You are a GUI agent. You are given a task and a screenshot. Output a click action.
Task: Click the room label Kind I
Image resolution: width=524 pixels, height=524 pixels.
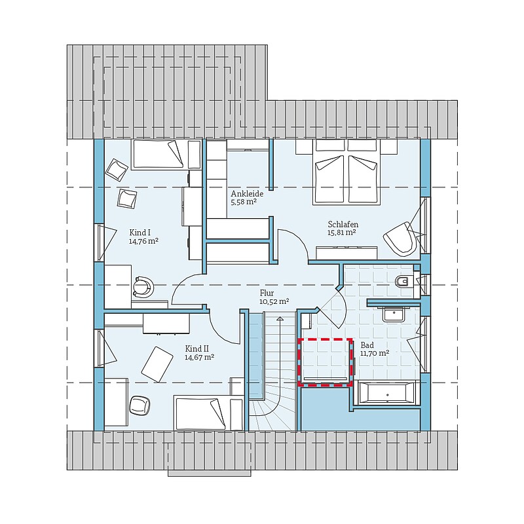(138, 233)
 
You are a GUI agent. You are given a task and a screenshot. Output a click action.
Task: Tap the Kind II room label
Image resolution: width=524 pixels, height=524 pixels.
(197, 349)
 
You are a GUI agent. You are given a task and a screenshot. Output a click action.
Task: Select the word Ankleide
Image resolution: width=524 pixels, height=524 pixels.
(247, 194)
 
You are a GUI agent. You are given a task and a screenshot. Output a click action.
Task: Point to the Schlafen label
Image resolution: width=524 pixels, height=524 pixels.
(343, 225)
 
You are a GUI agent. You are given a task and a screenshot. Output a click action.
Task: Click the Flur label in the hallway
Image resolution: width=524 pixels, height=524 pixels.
(267, 293)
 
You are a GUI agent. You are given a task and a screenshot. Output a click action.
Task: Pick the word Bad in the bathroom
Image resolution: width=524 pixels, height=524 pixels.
(367, 345)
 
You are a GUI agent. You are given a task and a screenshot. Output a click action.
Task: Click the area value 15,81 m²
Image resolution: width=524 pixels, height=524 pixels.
(341, 233)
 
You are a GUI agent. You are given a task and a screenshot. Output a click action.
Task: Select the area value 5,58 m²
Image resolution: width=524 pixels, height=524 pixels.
(244, 202)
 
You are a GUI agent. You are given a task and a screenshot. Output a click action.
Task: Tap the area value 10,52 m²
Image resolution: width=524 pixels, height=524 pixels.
(274, 301)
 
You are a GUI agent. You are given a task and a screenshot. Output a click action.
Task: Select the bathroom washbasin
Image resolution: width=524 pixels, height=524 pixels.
(394, 314)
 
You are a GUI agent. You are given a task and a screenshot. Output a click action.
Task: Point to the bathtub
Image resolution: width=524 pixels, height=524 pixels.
(386, 392)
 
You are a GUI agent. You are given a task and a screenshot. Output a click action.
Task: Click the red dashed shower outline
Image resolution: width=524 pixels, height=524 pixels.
(325, 339)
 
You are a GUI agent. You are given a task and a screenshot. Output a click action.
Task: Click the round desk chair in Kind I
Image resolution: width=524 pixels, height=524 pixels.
(143, 287)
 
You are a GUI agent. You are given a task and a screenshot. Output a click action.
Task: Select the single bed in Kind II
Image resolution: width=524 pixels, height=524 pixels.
(208, 413)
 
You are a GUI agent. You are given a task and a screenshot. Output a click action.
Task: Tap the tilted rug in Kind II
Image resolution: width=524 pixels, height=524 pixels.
(157, 364)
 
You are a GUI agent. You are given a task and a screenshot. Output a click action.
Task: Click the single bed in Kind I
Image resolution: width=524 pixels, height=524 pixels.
(158, 155)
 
